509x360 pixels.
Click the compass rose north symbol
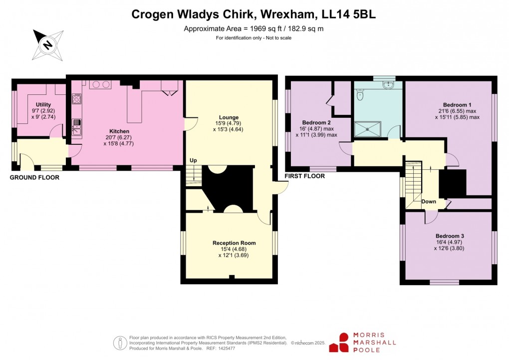[48, 44]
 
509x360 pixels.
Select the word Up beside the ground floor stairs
[193, 160]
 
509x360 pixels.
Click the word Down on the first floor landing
[429, 202]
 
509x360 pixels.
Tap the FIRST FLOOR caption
[304, 176]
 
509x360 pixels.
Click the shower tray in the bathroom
[369, 129]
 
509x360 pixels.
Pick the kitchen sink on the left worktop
[76, 127]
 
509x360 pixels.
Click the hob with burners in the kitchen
[100, 85]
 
